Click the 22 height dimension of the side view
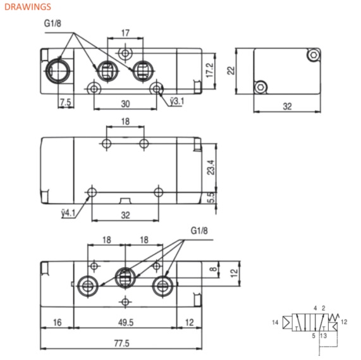232,71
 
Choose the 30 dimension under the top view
126,103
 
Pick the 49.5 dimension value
126,323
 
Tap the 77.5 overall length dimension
120,344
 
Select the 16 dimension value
57,323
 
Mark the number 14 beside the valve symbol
275,323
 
